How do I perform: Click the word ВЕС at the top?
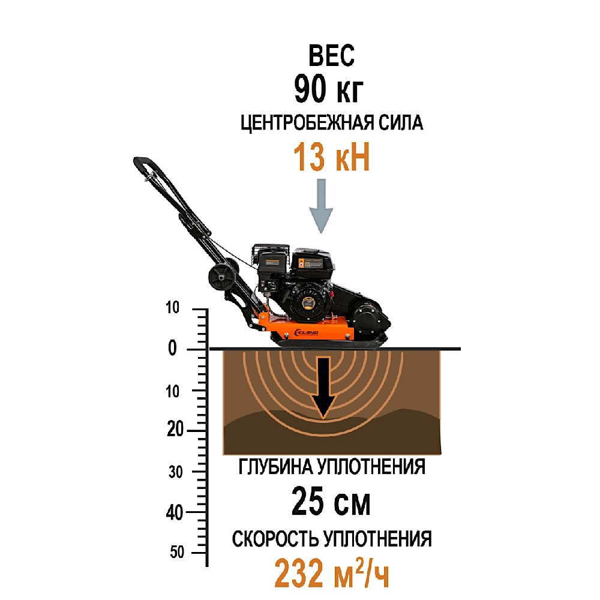click(x=331, y=56)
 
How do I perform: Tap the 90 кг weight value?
click(x=329, y=89)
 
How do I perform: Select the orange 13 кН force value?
click(x=331, y=157)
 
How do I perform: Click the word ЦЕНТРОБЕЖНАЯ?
click(x=307, y=123)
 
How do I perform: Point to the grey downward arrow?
click(x=321, y=206)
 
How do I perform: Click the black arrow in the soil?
click(x=323, y=387)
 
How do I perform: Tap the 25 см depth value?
click(x=331, y=502)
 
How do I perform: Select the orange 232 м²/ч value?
click(x=332, y=574)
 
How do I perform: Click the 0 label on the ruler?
click(x=173, y=348)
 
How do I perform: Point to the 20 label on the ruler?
click(x=176, y=430)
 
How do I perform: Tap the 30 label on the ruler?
click(x=176, y=472)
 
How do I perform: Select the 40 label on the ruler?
click(x=175, y=512)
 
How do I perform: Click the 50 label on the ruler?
click(x=177, y=552)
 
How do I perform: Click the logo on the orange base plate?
click(x=305, y=332)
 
